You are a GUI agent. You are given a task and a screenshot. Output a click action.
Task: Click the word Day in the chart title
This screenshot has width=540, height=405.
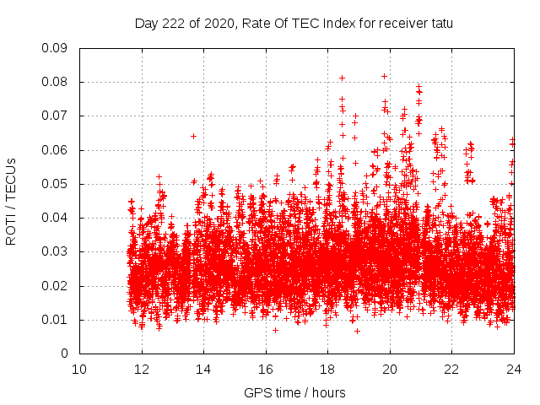146,24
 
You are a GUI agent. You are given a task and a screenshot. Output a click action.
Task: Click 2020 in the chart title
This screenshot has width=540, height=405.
215,24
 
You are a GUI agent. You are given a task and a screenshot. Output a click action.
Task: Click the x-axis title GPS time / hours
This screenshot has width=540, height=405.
294,393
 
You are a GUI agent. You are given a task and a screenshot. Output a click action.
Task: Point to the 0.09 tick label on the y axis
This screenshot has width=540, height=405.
56,48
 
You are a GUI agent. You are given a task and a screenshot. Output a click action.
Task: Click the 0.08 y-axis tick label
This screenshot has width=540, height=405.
56,82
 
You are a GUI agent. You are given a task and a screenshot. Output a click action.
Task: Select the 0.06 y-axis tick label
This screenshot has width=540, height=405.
56,150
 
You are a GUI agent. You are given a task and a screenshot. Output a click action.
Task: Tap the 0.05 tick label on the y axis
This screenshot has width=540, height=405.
56,184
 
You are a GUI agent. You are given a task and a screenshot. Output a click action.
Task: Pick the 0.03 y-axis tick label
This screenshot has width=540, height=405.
56,251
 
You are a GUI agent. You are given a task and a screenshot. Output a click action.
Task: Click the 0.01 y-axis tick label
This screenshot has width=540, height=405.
56,320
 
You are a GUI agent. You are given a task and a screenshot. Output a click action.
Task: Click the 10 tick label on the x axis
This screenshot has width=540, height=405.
79,370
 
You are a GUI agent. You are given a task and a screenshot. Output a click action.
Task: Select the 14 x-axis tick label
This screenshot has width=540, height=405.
203,370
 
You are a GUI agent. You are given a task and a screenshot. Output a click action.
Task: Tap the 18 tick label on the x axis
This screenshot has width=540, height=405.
327,370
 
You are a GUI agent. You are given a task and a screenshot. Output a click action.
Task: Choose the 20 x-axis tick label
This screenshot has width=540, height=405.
390,370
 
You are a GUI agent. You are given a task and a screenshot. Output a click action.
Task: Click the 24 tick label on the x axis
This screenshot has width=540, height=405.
513,370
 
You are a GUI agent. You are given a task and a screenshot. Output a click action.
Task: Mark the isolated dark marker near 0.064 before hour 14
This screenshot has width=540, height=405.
193,136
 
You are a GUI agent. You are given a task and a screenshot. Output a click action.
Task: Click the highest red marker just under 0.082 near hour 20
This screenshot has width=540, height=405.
384,76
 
